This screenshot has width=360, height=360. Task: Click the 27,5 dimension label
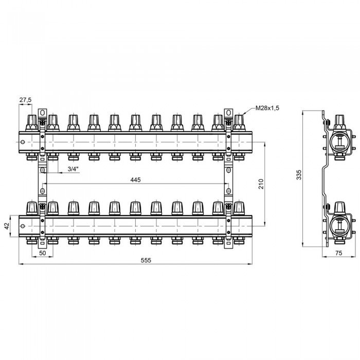(25, 100)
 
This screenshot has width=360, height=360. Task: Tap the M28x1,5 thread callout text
(267, 108)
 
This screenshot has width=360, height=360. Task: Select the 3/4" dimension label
(73, 169)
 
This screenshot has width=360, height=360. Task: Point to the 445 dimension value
(135, 180)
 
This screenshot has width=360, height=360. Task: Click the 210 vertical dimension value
(261, 184)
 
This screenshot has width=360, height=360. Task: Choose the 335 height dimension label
(299, 175)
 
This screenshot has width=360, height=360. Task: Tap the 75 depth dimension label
(338, 253)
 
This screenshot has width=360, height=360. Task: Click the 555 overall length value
(146, 260)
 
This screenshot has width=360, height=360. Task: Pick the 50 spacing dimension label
(43, 253)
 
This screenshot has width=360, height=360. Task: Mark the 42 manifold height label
(7, 226)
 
